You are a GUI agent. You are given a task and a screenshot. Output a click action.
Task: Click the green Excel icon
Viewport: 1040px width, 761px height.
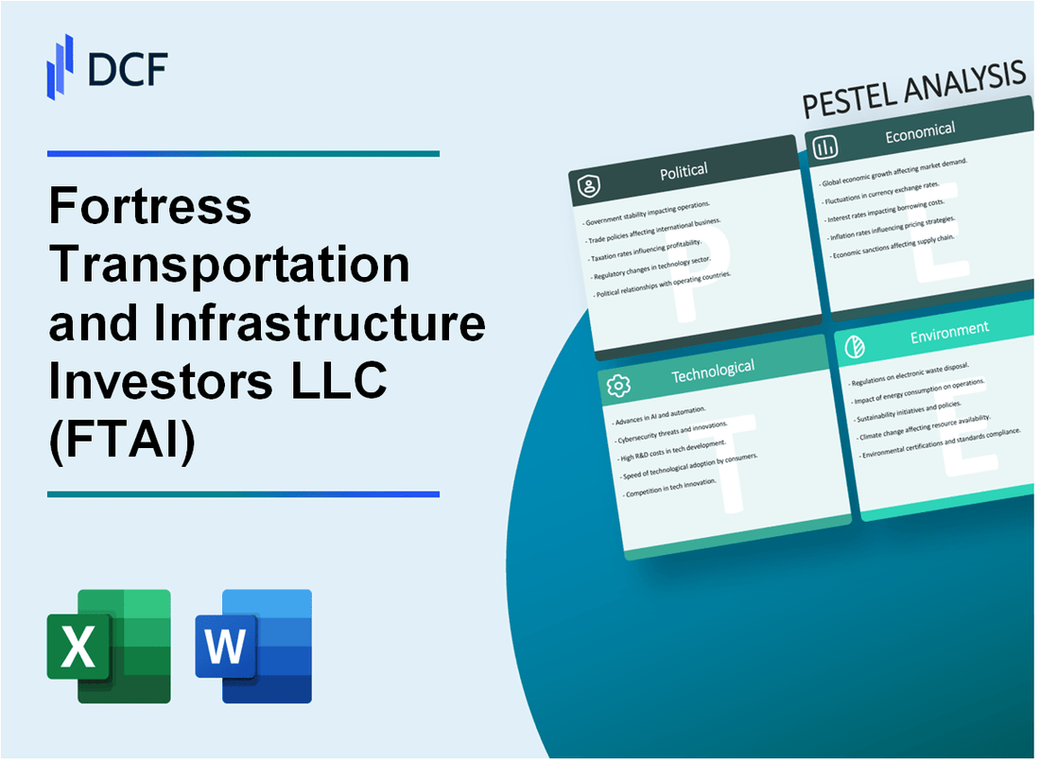click(109, 646)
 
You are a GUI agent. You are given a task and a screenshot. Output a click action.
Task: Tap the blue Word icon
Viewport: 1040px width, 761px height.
click(253, 646)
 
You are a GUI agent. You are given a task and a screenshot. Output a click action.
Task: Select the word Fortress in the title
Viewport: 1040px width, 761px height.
click(149, 206)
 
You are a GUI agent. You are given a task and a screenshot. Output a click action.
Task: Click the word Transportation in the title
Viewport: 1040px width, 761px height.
click(229, 266)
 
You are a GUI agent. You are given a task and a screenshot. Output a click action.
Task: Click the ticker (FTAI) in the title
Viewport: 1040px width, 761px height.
click(121, 442)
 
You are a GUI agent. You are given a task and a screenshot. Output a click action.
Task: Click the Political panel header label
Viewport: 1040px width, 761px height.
click(685, 171)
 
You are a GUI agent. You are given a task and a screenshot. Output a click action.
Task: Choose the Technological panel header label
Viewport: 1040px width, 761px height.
click(713, 372)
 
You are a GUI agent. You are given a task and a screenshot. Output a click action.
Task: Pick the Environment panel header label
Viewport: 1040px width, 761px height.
click(948, 330)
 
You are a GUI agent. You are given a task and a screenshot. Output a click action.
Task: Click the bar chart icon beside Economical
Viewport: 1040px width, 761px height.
click(825, 147)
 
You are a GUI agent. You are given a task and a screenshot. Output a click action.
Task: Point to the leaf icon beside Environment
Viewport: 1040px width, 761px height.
click(855, 347)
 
